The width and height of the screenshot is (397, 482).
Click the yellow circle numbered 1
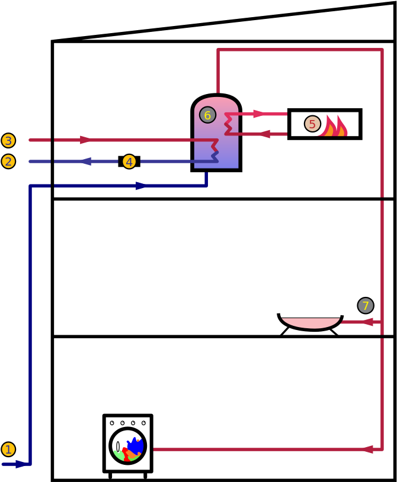pos(8,449)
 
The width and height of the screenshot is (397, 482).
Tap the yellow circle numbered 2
pos(8,161)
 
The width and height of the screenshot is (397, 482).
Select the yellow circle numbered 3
pos(8,141)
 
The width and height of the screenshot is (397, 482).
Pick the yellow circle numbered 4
pos(129,161)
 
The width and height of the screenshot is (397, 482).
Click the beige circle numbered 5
pos(312,124)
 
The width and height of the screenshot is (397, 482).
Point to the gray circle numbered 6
pos(207,115)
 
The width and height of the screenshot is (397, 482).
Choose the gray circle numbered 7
pos(366,306)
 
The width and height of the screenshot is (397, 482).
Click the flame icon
pos(333,126)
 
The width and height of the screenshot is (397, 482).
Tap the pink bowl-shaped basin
pos(310,323)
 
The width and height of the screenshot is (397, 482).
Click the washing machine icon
pos(128,444)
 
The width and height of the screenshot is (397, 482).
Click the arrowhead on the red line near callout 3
pos(86,140)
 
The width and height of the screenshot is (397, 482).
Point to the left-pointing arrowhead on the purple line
pos(85,161)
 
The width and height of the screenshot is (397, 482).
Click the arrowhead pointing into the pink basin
pos(367,322)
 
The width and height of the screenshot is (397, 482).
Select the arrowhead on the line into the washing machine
pos(367,449)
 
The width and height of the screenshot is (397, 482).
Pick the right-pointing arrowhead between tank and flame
pos(258,114)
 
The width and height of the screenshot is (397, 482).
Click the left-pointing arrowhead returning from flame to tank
pos(264,134)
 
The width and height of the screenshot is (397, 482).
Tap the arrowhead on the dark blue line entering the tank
pos(141,186)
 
